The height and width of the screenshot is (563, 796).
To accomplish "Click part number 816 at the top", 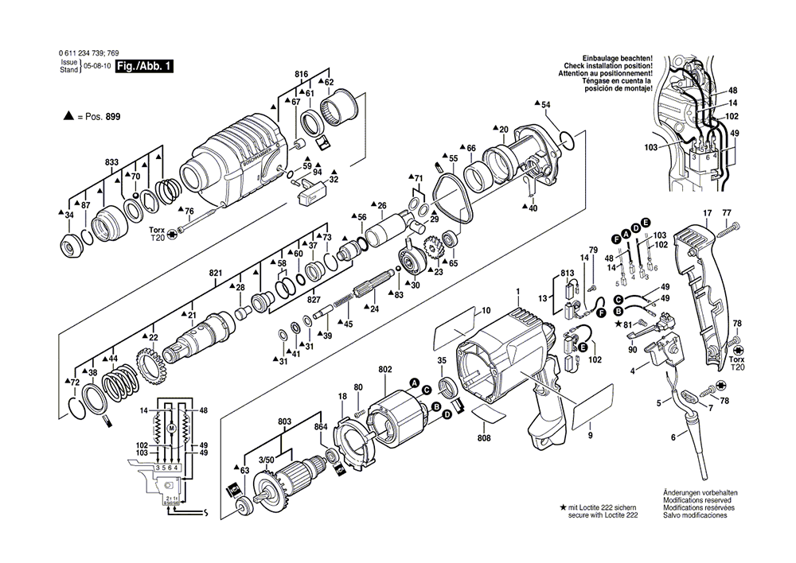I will pos(301,74).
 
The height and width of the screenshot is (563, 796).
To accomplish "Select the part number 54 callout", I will pos(545,105).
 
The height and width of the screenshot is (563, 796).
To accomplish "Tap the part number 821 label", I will pos(215,273).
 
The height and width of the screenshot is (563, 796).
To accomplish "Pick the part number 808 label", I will pos(484,437).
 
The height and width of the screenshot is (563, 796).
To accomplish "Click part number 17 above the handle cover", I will pos(706,213).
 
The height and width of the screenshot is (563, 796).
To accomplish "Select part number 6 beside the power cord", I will pos(673,437).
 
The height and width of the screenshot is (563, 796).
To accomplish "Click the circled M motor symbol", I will pos(170,429).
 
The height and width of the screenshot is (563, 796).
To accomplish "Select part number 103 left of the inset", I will pos(650,148).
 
